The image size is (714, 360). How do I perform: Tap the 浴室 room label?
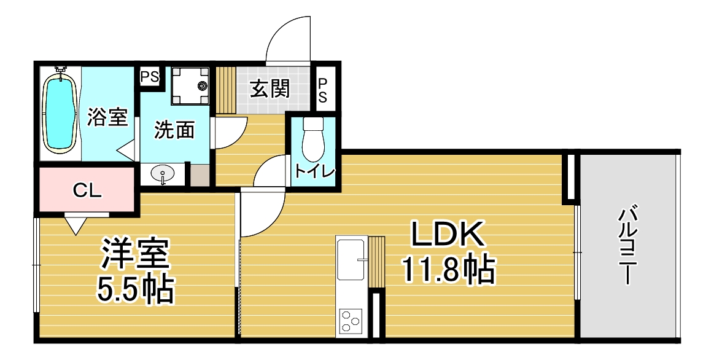coord(107,117)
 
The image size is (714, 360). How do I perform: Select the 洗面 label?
coord(174,130)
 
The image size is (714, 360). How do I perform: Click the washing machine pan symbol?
coord(190,85)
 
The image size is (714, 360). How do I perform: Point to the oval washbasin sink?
coord(163,174)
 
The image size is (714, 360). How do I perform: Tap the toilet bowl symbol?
coord(312,138)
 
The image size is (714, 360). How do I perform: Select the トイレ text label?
coord(314,171)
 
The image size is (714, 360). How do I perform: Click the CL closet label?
coord(87,191)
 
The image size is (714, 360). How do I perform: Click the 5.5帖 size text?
coord(135,289)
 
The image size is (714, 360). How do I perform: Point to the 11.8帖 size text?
coord(447,270)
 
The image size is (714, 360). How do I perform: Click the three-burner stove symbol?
coord(351,321)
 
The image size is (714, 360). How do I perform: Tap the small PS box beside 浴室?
coord(149,77)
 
